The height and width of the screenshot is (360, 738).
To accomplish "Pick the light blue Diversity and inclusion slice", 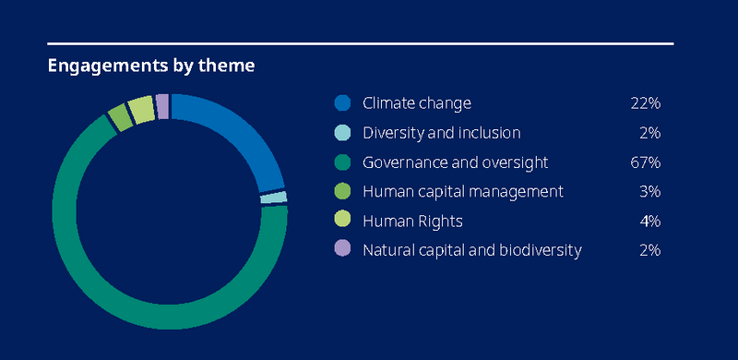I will (273, 198).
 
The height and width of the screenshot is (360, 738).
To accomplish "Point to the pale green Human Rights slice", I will (141, 110).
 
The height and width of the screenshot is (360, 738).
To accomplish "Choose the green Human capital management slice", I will (120, 118).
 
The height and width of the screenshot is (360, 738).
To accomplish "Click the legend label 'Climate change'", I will (417, 102).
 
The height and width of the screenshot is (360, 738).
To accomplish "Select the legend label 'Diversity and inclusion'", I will (442, 132).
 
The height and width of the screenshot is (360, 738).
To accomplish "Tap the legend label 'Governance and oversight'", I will (456, 162).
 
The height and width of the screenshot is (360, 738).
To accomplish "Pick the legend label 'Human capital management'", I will (462, 191).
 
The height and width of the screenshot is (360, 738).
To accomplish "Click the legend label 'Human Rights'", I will (412, 221).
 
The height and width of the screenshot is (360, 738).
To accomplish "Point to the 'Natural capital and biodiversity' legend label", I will (472, 250).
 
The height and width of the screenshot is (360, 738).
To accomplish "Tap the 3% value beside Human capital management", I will (649, 191).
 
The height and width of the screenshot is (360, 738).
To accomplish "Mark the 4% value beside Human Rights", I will (649, 221).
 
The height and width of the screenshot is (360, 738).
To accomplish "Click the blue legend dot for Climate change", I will (342, 102).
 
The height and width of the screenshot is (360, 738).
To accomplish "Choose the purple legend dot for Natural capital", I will (342, 249).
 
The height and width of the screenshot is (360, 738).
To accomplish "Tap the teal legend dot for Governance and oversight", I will (342, 162).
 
